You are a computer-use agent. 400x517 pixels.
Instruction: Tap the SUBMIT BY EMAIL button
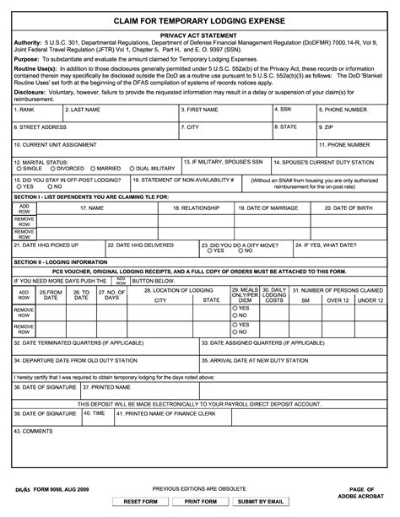click(261, 502)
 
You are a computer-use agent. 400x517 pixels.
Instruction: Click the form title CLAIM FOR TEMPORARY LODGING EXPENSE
click(199, 19)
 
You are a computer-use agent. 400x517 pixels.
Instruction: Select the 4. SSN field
click(292, 115)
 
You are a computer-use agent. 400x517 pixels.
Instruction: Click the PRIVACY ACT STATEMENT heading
click(199, 36)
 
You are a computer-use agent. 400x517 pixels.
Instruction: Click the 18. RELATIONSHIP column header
click(196, 207)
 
